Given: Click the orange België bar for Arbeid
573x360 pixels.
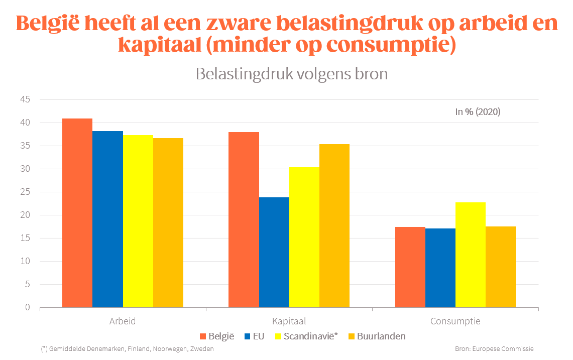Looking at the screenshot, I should (x=77, y=213).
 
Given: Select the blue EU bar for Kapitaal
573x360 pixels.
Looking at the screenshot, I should (x=274, y=252).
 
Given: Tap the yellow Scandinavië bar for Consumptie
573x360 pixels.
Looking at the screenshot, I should (x=471, y=255).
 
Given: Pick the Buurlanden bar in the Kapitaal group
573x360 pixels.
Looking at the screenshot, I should (x=334, y=225).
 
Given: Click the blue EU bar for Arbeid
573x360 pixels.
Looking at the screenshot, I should (x=107, y=219).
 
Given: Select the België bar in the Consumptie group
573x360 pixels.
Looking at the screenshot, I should (x=410, y=267).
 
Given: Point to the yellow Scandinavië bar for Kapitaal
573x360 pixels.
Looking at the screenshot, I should (x=304, y=237).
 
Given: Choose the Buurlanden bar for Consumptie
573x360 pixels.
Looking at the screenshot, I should (x=501, y=267).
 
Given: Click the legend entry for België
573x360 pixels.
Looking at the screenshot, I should (x=217, y=336).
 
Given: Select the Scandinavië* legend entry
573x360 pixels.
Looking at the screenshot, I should (x=307, y=336).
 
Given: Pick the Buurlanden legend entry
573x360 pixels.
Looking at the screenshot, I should (x=376, y=336).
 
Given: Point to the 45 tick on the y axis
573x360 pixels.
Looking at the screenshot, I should (x=26, y=100).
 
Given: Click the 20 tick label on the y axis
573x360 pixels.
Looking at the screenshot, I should (x=26, y=215).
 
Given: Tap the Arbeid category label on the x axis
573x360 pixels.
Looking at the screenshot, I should (x=123, y=321).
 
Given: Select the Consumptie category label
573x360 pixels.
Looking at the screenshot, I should (x=455, y=321).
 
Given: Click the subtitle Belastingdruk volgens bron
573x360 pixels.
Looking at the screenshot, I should (x=292, y=74).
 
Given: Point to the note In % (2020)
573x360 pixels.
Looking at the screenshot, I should (x=478, y=112).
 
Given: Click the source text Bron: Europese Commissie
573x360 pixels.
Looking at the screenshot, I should (x=494, y=348).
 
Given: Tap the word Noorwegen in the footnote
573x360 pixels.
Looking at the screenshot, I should (x=162, y=348).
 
